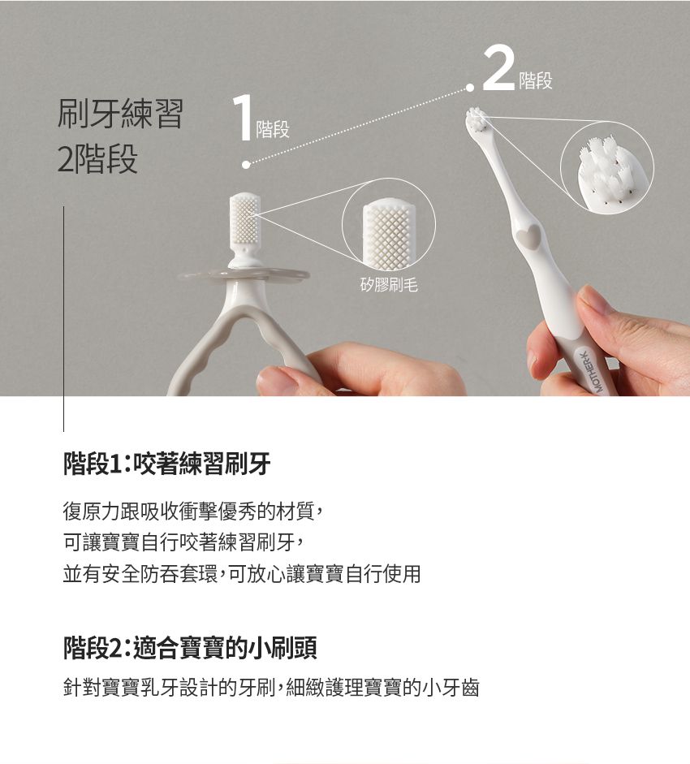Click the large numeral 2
coord(498,68)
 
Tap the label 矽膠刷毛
coord(389,284)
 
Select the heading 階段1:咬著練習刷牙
coord(166,464)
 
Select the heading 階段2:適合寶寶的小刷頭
coord(190,648)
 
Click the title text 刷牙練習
coord(120,114)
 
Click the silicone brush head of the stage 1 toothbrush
coord(244,218)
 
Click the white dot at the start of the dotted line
coord(246,165)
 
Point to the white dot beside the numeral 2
coord(470,88)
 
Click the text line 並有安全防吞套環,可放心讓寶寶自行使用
coord(242,573)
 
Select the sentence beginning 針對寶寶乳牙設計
coord(271,688)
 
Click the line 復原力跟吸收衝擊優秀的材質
coord(192,511)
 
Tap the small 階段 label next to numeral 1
coord(273,129)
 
